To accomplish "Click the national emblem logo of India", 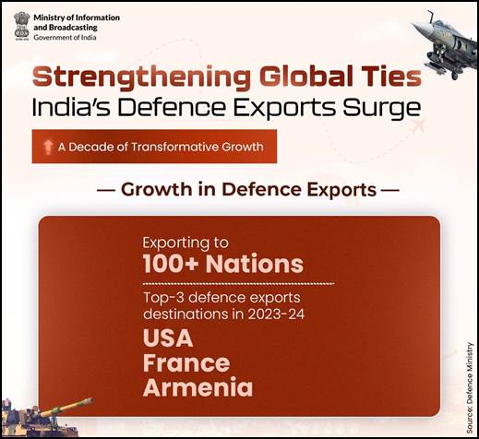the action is [x=21, y=26].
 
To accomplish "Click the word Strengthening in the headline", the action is [x=141, y=77].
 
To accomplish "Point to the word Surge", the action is [x=382, y=108].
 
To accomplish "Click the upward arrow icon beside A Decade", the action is [x=48, y=147].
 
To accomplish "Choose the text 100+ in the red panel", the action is [x=171, y=264].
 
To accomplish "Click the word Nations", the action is [x=255, y=264].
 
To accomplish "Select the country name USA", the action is [x=168, y=338].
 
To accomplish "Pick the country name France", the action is [x=186, y=363].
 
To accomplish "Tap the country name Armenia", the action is [x=198, y=387].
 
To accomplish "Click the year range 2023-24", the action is [x=276, y=314].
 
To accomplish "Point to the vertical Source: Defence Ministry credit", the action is [x=470, y=388].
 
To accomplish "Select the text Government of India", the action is [x=65, y=38].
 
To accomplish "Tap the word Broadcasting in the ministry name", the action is [x=73, y=28].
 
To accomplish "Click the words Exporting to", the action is [x=186, y=243].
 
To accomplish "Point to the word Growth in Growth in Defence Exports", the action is [x=156, y=189].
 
